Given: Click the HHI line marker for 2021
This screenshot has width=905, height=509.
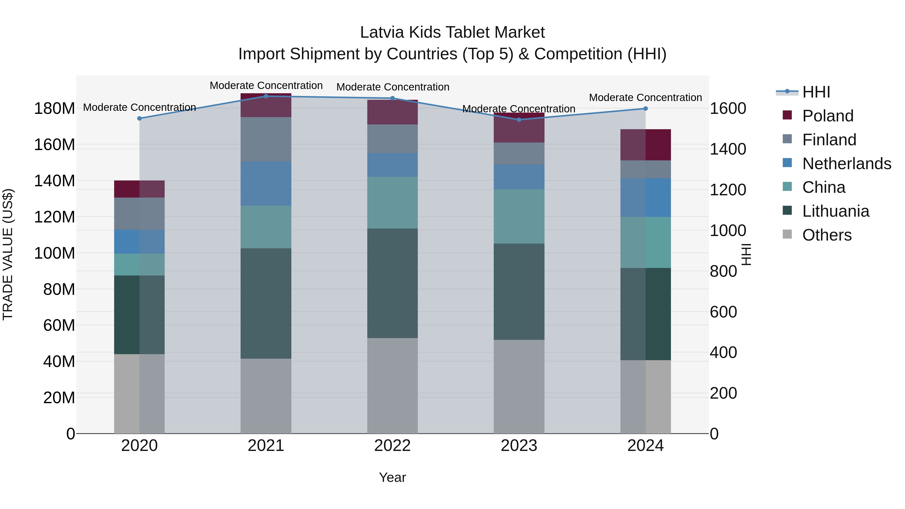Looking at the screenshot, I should coord(266,96).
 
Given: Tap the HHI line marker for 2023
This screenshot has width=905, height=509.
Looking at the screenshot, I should coord(519,120).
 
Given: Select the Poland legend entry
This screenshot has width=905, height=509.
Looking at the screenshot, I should coord(827,116).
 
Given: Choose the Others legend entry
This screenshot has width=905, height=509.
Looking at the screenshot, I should coord(827,235).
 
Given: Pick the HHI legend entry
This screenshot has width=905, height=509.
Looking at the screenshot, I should coord(816,92).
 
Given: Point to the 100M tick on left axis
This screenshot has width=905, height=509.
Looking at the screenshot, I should coord(55,253).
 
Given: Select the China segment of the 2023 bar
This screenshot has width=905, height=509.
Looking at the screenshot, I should coord(519,216).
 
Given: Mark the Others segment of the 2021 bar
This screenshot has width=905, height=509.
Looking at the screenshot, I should coord(266,396).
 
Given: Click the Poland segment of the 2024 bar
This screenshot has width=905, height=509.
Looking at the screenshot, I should coord(645,145).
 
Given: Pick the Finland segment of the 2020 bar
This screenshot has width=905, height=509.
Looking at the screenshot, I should coord(140,214).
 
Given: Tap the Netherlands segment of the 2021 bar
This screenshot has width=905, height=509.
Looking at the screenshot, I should coord(266,183).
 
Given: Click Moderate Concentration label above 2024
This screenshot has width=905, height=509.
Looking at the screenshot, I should coord(645,98).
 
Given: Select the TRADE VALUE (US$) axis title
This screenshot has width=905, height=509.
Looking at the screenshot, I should coord(8,254).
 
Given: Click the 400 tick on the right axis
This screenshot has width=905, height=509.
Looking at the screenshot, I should coord(723,352).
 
